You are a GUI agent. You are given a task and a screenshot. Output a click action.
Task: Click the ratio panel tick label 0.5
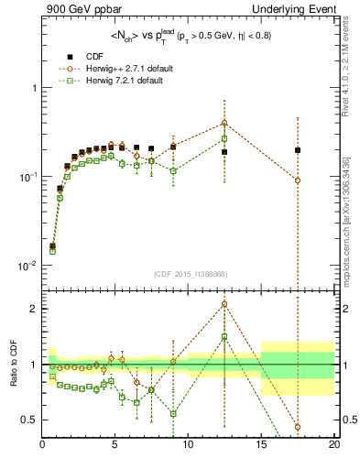pos(28,420)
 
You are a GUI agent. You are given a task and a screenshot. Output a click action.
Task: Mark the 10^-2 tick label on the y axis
pos(26,266)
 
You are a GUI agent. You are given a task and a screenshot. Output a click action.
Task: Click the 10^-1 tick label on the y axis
pos(26,177)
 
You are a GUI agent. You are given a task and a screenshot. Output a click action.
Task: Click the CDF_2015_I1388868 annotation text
pos(189,274)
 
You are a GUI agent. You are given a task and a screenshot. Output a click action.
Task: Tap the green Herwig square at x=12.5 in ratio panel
pos(224,336)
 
